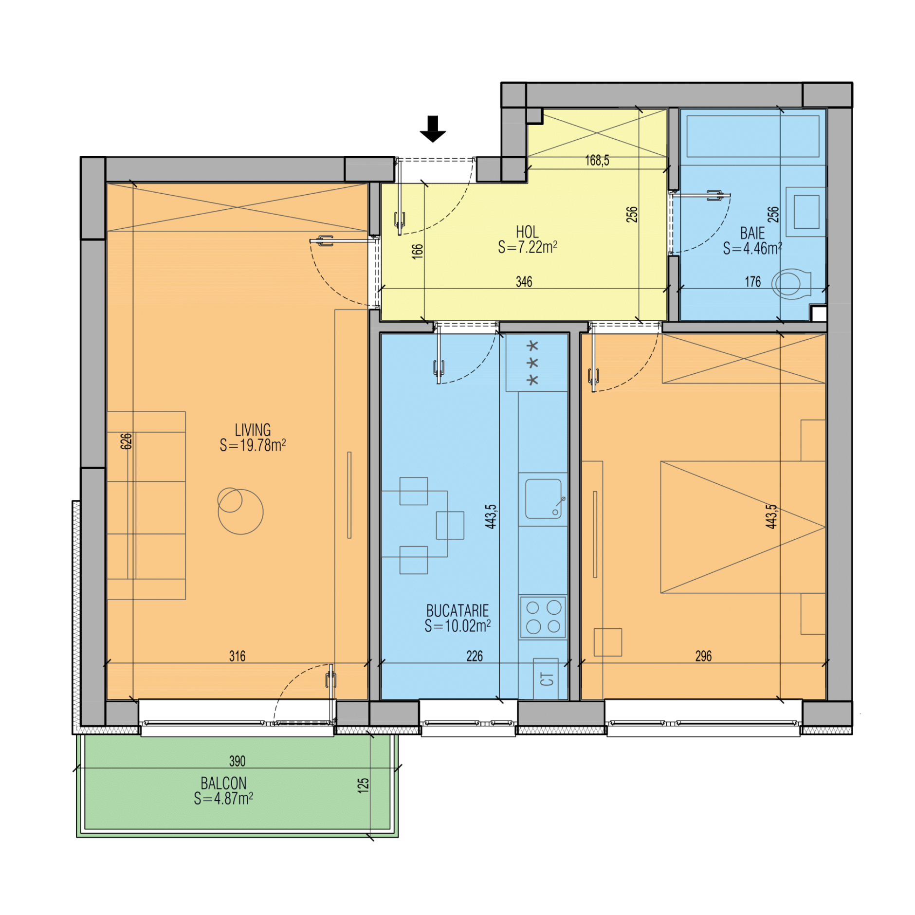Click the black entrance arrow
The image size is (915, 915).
[432, 129]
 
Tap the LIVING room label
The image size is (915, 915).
[253, 430]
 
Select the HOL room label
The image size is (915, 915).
[527, 232]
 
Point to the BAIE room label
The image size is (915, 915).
[752, 234]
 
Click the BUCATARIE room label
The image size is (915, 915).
[457, 611]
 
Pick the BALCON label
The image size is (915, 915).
[223, 783]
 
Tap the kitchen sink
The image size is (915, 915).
[543, 499]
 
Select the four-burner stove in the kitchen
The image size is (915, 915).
[543, 617]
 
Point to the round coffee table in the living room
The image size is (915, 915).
[241, 511]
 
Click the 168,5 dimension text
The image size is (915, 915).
[597, 160]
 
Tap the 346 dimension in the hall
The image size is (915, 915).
[524, 281]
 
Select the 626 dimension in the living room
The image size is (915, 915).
[126, 441]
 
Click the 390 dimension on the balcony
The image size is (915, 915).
[238, 761]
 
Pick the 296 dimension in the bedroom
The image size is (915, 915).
[704, 656]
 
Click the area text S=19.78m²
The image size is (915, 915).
[253, 445]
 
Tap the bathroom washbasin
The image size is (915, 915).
[806, 212]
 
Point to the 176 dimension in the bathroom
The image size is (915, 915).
[753, 281]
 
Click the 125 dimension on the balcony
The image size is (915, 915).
[364, 786]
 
